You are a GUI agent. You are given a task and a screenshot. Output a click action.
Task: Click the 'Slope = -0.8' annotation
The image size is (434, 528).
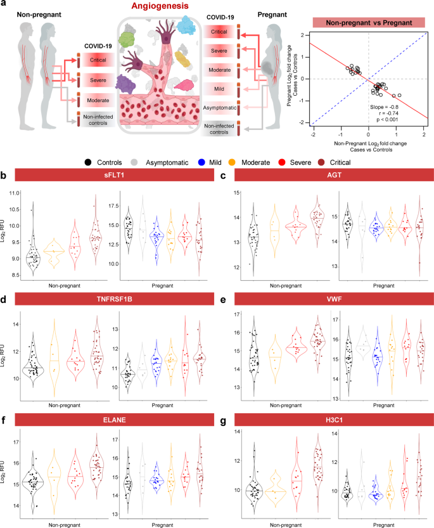tap(385, 108)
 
